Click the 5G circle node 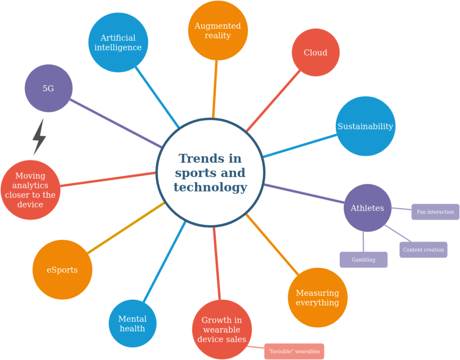coord(49,89)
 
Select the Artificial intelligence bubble coord(118,43)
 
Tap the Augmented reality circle coord(218,31)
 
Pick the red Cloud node coord(316,53)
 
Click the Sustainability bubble coord(365,126)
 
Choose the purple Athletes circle coord(367,208)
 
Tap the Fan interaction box coord(435,212)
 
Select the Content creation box coord(423,250)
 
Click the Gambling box coord(363,260)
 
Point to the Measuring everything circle coord(317,298)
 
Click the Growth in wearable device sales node coord(222,329)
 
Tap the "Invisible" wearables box coord(294,351)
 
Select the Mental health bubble coord(133,324)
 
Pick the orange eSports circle coord(63,270)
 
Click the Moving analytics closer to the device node coord(31,190)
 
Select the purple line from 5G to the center coord(116,124)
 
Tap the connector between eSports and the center coord(126,228)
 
